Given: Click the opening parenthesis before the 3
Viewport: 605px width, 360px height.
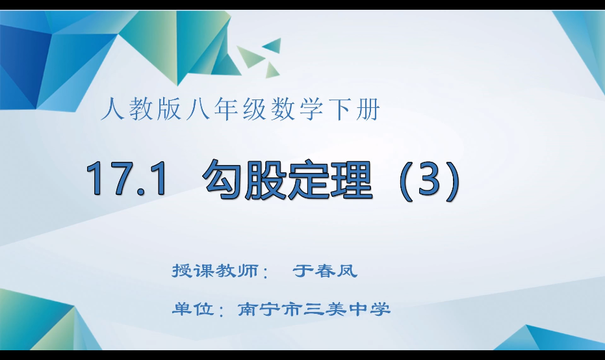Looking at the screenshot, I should [404, 179].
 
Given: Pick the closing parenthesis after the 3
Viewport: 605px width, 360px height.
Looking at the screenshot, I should [453, 179].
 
